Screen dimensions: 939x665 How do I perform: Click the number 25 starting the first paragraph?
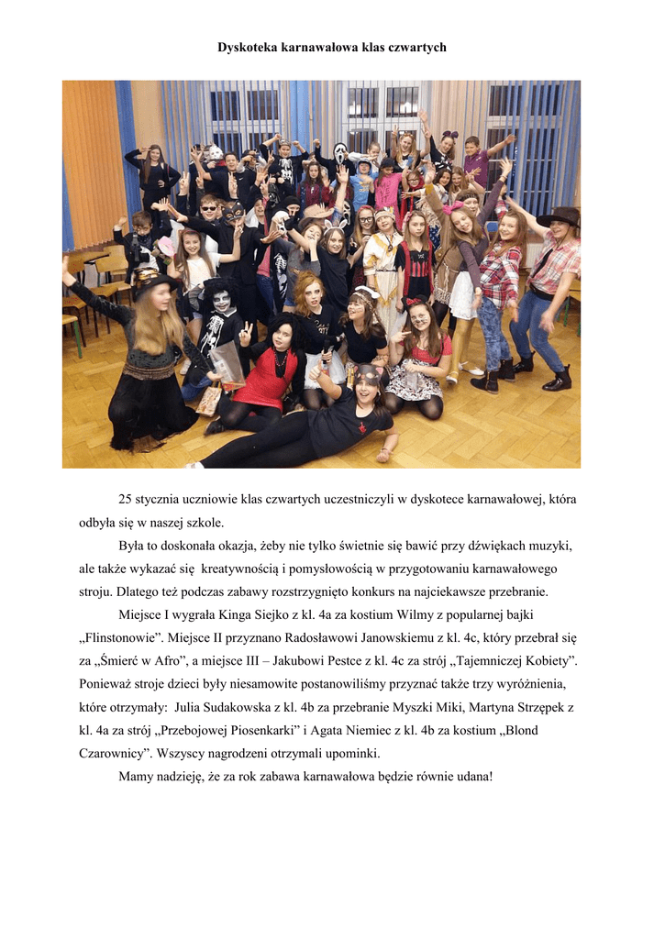[x=126, y=500]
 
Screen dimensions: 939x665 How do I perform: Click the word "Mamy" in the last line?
[x=136, y=779]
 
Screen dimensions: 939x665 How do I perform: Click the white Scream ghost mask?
[x=340, y=153]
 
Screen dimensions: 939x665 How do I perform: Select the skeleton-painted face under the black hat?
[x=222, y=300]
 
